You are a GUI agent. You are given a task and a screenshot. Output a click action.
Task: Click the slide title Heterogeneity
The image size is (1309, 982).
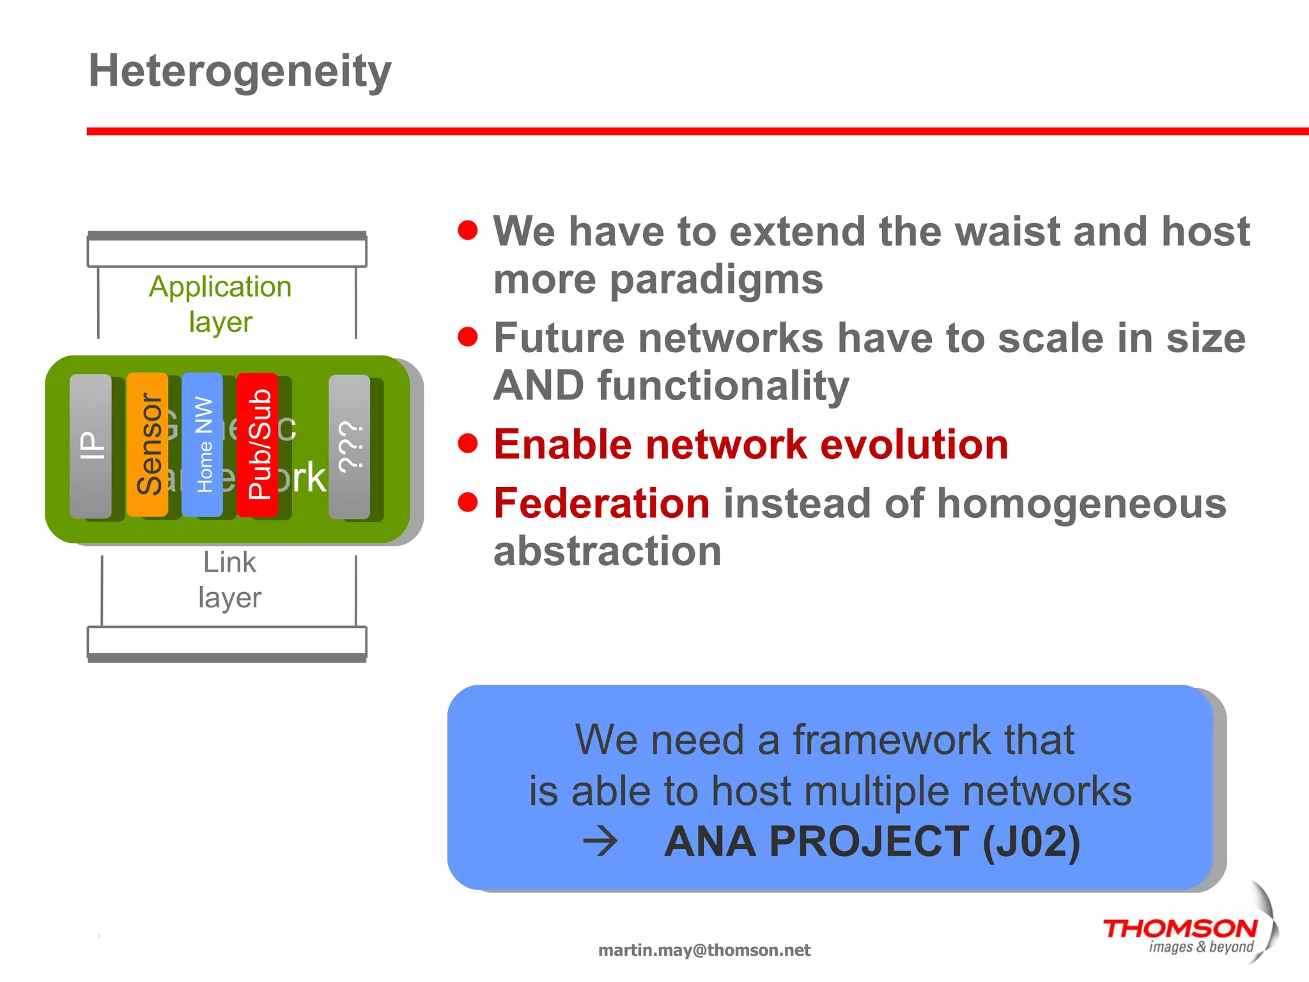pos(240,71)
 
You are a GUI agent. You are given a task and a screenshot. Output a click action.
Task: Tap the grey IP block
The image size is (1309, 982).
pos(90,446)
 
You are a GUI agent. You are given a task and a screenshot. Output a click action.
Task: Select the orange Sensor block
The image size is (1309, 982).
pos(148,444)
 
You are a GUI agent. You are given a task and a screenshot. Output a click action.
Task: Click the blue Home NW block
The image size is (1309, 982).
pos(203,444)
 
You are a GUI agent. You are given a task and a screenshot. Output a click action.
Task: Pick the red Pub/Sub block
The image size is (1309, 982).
pos(258,444)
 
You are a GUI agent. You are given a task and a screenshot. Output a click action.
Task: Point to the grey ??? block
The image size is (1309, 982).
pos(350,446)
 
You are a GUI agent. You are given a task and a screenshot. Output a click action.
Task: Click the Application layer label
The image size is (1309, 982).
pos(221,304)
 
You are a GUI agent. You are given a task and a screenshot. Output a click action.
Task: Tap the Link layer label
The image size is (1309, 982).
pos(229,580)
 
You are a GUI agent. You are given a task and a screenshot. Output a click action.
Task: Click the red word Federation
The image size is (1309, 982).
pos(601,503)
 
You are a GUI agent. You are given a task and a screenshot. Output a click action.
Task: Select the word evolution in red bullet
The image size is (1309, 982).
pos(914,444)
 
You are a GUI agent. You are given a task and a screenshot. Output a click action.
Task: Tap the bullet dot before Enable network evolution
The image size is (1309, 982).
pos(468,443)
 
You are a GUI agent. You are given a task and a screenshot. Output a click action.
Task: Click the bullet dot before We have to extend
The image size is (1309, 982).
pos(468,230)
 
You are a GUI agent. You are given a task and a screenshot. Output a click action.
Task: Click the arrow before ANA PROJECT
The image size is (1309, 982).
pos(600,841)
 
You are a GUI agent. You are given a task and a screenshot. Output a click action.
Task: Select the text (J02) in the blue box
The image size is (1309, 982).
pos(1030,841)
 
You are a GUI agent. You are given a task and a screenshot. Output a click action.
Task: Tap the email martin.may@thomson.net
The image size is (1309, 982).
pos(704,950)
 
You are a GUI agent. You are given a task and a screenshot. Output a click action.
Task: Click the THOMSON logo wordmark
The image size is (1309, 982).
pos(1180,928)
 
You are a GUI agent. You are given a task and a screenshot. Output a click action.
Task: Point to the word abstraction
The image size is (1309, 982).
pos(607,551)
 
